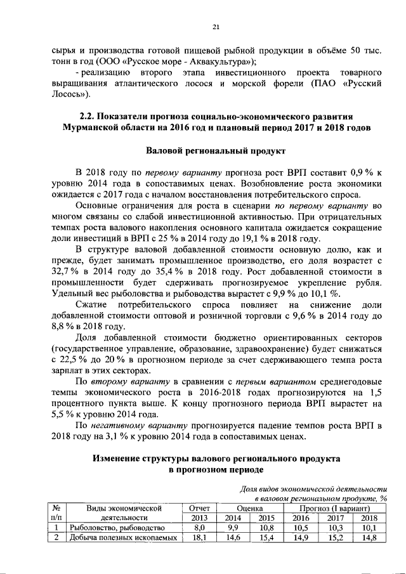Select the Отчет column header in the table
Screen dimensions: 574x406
coord(199,507)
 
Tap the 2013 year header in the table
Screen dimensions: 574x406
coord(199,517)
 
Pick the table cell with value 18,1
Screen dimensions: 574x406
coord(199,538)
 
